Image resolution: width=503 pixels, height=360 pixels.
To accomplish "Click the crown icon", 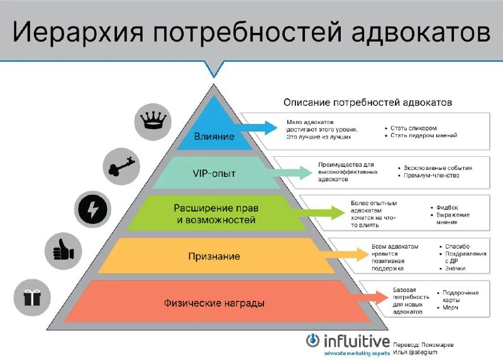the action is click(153, 121).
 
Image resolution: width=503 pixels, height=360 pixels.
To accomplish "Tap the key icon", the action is click(121, 166).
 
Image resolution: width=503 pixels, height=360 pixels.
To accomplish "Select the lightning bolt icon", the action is click(92, 209).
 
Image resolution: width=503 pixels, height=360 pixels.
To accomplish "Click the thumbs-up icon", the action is click(64, 250).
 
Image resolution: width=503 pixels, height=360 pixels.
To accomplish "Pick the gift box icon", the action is click(32, 297).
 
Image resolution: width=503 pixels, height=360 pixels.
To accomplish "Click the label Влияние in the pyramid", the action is click(214, 137).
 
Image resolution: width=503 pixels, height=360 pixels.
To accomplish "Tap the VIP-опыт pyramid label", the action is click(214, 174).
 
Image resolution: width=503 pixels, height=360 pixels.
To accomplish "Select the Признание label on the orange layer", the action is click(214, 256).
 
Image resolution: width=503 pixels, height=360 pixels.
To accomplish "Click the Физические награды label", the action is click(214, 303).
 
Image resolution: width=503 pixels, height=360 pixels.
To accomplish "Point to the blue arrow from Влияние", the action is click(255, 128).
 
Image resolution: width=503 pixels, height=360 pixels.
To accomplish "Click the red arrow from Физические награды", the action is click(369, 297).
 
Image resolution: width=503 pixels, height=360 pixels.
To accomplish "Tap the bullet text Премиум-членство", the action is click(431, 176).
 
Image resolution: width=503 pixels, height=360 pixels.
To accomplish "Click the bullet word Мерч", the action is click(450, 307).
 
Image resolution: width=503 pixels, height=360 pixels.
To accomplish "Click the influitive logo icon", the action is click(312, 340).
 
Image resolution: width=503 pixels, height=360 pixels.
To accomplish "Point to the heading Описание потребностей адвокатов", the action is click(368, 103).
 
